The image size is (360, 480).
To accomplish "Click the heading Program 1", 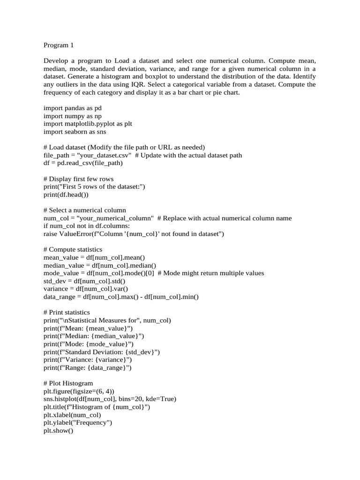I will click(59, 45).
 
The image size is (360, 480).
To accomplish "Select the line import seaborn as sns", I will click(75, 132).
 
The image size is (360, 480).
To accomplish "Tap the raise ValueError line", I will click(134, 234).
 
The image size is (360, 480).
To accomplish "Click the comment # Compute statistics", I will click(73, 249).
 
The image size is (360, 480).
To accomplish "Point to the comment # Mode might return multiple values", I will click(211, 273).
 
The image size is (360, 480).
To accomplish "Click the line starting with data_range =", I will click(121, 297).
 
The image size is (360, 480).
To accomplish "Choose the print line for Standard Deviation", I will click(102, 352).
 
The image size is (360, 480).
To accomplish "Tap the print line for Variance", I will click(88, 360).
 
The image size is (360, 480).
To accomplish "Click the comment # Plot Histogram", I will click(68, 383).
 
